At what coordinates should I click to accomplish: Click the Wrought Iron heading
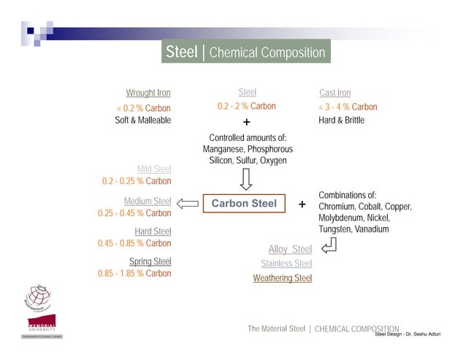148,93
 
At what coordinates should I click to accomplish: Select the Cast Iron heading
335,93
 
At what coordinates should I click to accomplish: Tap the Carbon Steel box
244,204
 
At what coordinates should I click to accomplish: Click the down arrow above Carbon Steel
246,179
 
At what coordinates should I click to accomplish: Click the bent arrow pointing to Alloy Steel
328,246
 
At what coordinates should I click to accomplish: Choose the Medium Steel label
148,202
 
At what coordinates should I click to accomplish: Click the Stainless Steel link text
286,264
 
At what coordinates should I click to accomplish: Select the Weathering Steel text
282,278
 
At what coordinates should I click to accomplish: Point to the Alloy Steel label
290,250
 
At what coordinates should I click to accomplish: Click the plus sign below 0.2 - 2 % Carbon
246,122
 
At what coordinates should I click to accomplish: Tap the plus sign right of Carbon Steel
302,204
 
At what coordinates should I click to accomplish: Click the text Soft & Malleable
142,120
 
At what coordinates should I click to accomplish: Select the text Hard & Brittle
341,120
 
